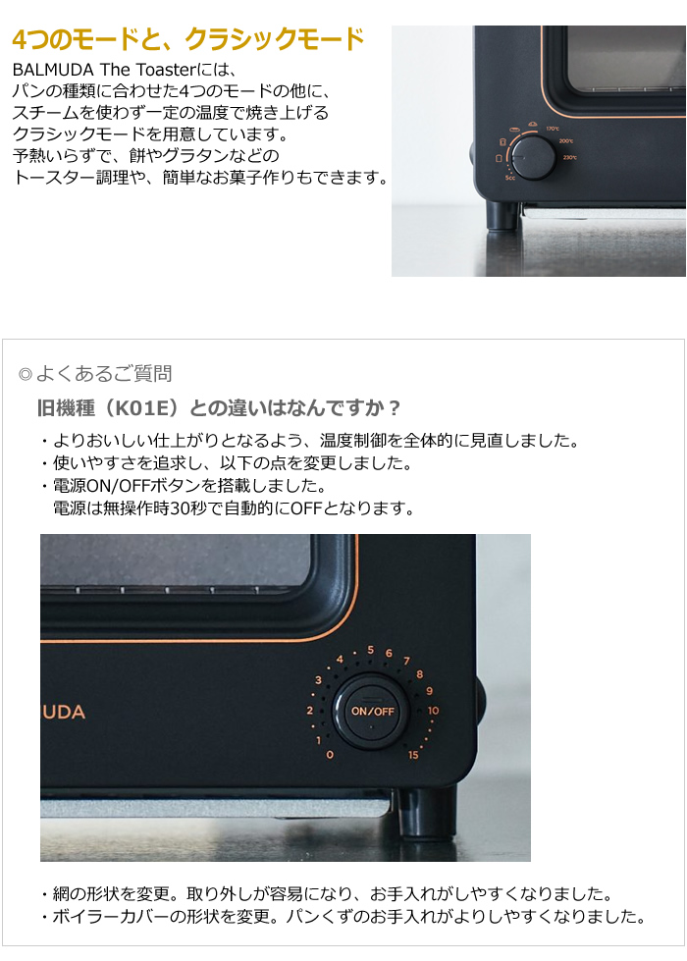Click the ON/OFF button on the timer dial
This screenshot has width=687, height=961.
(372, 711)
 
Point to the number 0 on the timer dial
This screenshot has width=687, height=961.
(329, 754)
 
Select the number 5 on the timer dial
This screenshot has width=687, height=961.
(370, 650)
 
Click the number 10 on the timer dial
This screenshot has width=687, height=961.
(434, 710)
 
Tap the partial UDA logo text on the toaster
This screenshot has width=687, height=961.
(63, 712)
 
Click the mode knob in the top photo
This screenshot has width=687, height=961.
(534, 156)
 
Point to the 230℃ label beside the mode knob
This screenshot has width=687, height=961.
(569, 157)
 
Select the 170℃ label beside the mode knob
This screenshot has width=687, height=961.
(553, 129)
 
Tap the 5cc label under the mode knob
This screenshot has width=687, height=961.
(510, 178)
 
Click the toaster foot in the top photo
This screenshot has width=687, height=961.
(503, 215)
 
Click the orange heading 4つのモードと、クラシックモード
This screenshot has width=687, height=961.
(187, 40)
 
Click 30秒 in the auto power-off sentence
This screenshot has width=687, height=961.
(201, 508)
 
